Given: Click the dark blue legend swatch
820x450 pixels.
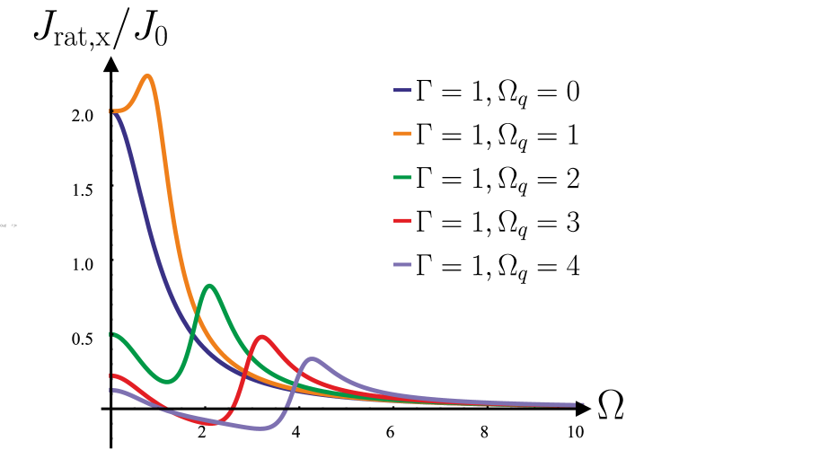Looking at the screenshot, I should (402, 90).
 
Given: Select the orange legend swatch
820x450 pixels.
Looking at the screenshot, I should (402, 133).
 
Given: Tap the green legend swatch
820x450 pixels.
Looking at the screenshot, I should (402, 177).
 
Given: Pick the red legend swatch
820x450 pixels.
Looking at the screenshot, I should (402, 220).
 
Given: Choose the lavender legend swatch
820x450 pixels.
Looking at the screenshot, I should (402, 264).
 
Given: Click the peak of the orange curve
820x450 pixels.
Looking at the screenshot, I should (147, 76).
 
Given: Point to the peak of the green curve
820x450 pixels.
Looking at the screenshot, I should (210, 287).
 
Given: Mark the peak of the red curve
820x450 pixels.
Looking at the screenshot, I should (262, 337).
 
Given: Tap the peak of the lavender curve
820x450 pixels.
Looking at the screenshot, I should (313, 359).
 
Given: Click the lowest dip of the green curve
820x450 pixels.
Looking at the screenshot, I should (167, 381).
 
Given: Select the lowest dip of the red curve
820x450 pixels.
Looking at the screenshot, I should (211, 422).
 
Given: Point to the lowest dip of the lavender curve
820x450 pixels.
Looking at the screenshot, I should (261, 428).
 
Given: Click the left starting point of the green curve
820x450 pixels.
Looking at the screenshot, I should (111, 334).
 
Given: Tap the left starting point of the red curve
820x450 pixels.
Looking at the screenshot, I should (111, 375).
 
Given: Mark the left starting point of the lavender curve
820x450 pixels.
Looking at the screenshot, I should (111, 390).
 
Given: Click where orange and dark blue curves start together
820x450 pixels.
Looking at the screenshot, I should (111, 110).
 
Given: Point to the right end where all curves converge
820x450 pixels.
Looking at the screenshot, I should (580, 404).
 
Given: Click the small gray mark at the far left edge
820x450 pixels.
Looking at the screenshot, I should (9, 225).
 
